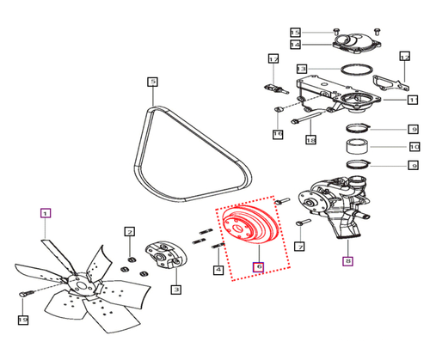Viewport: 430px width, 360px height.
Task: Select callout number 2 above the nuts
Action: (129, 231)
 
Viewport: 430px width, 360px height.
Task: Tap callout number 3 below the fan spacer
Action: (175, 290)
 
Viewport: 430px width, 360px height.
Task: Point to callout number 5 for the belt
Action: (152, 82)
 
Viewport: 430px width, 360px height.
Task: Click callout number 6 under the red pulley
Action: (257, 267)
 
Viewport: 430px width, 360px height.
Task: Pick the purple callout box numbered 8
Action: (347, 263)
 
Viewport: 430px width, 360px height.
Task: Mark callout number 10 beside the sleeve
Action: (413, 146)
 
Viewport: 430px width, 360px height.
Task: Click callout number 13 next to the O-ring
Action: (301, 68)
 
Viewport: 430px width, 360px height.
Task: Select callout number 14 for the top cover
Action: (295, 45)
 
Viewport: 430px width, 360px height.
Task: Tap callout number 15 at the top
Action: (295, 31)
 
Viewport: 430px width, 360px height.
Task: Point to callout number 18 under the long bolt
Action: (310, 139)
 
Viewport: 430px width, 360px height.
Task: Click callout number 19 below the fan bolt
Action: (23, 320)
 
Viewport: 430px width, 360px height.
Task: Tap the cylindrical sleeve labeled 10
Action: (359, 145)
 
